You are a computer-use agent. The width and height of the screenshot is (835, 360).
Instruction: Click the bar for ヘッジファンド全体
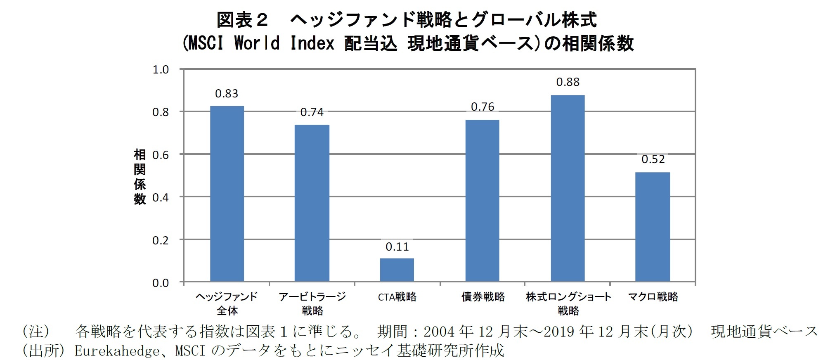227,194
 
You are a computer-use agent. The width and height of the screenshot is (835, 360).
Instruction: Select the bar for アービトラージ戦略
312,203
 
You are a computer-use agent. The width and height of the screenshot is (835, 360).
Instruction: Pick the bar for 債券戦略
482,201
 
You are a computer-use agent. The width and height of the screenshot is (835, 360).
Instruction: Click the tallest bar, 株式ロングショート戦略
568,188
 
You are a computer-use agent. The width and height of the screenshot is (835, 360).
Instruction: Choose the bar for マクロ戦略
652,227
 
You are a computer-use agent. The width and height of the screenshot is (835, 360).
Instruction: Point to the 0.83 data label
227,94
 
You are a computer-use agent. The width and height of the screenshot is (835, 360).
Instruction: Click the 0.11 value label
397,247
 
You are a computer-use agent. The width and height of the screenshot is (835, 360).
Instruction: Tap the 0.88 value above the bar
568,82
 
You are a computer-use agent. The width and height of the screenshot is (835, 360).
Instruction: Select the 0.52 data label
653,159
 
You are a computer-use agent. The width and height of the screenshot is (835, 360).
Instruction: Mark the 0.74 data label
312,112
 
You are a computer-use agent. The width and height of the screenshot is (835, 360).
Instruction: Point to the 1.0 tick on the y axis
161,70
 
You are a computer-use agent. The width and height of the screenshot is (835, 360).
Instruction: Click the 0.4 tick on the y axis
161,198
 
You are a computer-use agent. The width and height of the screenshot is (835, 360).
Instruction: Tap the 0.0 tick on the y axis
161,283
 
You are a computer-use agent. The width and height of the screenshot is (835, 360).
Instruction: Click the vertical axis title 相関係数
140,177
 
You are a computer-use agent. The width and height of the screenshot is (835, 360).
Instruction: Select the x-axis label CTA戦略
397,297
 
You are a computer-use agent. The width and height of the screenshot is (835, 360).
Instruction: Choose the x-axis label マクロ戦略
653,297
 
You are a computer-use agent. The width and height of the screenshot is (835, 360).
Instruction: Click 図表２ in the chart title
242,20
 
